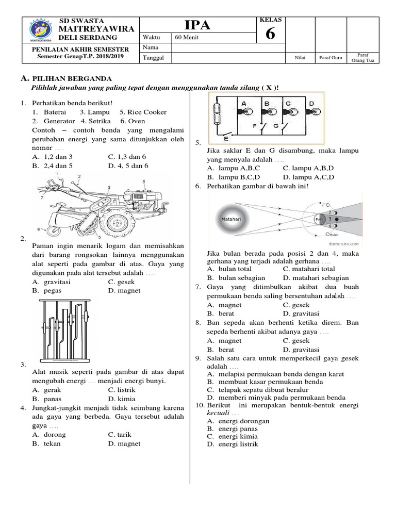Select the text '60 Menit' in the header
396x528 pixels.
pyautogui.click(x=186, y=37)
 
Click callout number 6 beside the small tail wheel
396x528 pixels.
pyautogui.click(x=39, y=228)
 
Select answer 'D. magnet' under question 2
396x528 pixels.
pyautogui.click(x=124, y=290)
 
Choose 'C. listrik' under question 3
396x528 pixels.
pyautogui.click(x=122, y=390)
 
